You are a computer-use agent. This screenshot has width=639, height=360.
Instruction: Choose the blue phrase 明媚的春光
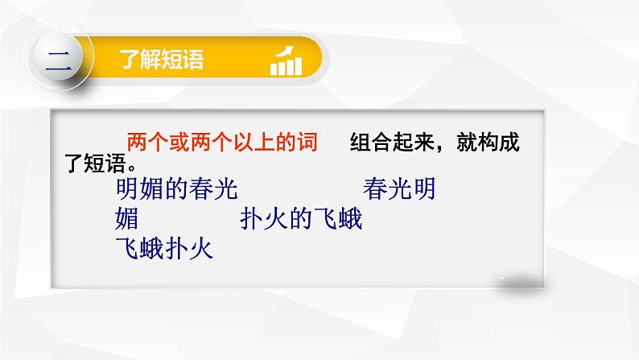177,190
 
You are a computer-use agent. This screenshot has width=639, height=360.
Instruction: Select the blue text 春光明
400,190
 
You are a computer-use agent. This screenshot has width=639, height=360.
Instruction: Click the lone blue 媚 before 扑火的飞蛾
128,219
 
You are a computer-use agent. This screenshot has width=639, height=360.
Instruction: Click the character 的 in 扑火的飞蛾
301,219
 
